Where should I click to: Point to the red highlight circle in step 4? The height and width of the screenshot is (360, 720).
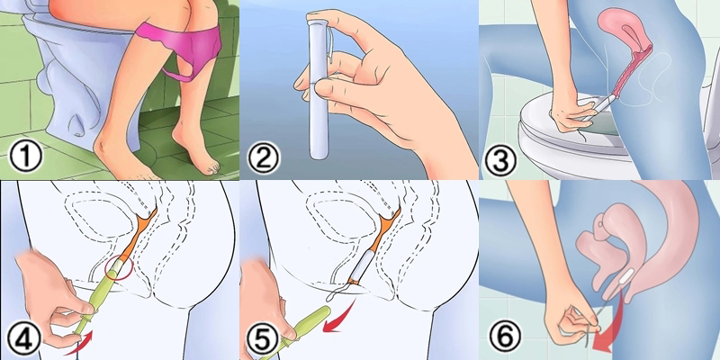click(118, 271)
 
